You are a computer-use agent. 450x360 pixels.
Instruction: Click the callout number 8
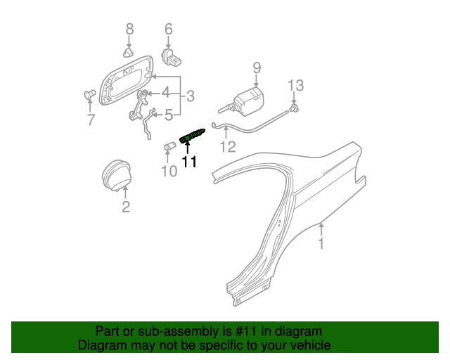click(x=129, y=29)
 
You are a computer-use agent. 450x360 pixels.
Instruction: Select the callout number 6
click(x=169, y=29)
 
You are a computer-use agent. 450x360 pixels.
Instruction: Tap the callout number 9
click(x=257, y=67)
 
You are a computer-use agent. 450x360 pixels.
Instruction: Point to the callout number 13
click(x=295, y=85)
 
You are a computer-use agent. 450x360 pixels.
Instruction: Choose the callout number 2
click(x=126, y=206)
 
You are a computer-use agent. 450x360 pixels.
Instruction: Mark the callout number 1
click(x=321, y=244)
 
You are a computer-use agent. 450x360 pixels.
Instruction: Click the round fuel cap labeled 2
click(x=115, y=175)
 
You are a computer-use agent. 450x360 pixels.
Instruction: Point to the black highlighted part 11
click(x=193, y=136)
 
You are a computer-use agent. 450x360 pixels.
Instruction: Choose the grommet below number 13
click(x=295, y=107)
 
